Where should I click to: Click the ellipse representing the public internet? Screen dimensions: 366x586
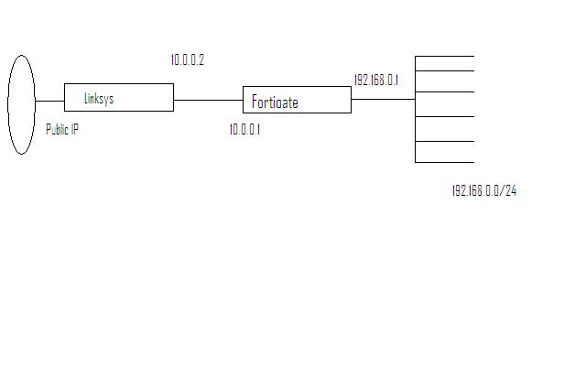(x=21, y=104)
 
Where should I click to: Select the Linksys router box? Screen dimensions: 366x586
(x=118, y=97)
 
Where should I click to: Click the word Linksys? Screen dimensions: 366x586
(x=98, y=99)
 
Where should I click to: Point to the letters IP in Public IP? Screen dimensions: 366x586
(x=75, y=130)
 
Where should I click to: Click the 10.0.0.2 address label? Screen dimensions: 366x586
(x=187, y=60)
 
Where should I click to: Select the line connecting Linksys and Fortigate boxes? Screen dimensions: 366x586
(x=208, y=100)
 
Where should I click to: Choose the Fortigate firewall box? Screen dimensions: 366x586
(x=297, y=100)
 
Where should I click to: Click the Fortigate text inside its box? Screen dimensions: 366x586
(x=275, y=102)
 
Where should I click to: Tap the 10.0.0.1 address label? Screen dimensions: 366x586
(x=244, y=130)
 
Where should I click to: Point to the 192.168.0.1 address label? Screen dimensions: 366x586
(x=375, y=81)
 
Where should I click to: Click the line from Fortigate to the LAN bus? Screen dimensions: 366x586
(x=383, y=100)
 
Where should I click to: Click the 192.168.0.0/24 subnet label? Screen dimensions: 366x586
(x=483, y=191)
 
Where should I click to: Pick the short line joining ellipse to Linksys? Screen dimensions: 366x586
(x=49, y=101)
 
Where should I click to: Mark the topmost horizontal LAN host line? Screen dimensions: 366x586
(x=444, y=57)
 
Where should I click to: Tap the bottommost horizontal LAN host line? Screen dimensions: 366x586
(x=444, y=162)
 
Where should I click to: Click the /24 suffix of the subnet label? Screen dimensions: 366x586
(x=509, y=191)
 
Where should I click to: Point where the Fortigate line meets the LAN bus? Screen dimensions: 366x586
(x=415, y=100)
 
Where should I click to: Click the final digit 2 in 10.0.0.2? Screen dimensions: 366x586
(x=201, y=60)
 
